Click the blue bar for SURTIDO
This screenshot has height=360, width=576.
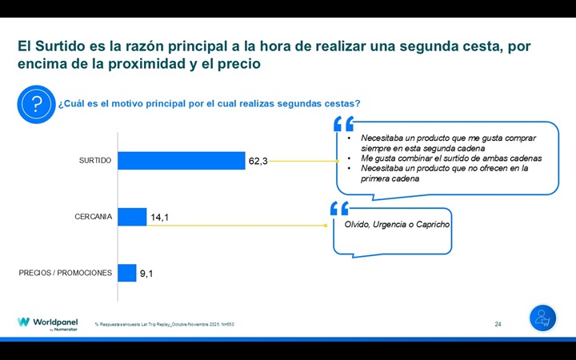[182, 161]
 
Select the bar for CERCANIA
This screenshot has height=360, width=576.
[133, 217]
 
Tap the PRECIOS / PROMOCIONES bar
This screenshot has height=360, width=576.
[127, 273]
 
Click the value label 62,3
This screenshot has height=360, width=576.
[258, 162]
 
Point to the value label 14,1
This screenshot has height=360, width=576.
[160, 218]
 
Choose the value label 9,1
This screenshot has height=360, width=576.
[147, 274]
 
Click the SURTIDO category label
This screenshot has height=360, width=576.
[95, 161]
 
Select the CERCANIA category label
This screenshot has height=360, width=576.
[94, 217]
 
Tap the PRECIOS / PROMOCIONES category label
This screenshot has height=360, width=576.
[66, 273]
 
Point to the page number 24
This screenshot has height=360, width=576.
[498, 324]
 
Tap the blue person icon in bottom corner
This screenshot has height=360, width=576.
[542, 318]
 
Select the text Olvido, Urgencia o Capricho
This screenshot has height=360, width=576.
[397, 225]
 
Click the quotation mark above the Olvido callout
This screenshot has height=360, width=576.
[339, 209]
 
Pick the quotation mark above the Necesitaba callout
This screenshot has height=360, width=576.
[343, 124]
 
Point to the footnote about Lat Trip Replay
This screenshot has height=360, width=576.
[164, 324]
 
